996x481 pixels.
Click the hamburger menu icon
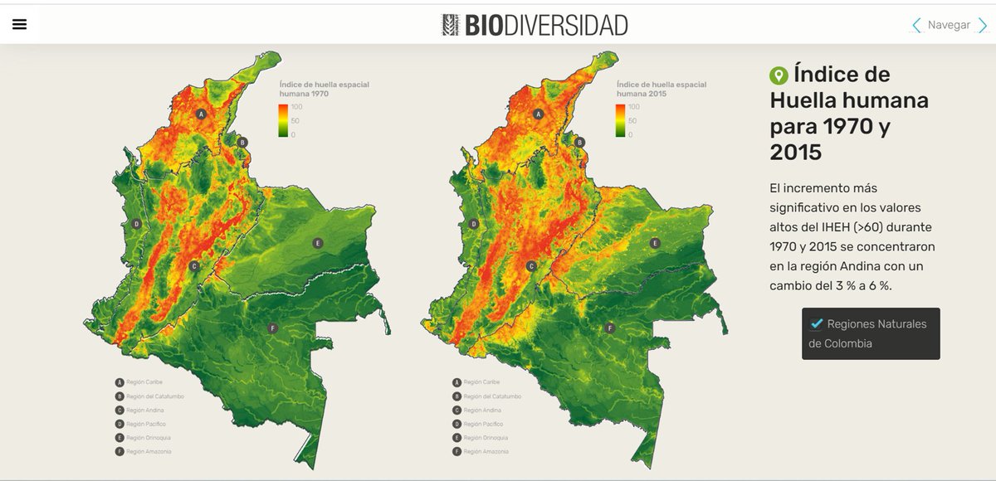(x=20, y=25)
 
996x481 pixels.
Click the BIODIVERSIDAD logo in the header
(x=535, y=25)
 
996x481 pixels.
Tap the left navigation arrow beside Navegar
(x=916, y=25)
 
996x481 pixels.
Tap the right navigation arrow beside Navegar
(x=982, y=25)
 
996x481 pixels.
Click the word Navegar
(x=949, y=25)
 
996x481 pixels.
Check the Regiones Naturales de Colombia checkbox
(x=817, y=323)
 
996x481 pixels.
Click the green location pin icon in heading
(x=779, y=75)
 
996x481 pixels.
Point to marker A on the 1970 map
(x=201, y=114)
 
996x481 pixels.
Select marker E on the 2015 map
(x=655, y=243)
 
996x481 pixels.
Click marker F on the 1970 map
(x=272, y=328)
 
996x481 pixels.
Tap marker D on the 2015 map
(x=474, y=224)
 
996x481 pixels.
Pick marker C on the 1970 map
(x=193, y=266)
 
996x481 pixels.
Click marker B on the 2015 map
(x=580, y=142)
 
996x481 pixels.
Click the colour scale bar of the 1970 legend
(x=283, y=120)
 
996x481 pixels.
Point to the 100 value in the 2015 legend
(x=634, y=107)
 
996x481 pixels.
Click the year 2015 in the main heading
(x=795, y=153)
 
